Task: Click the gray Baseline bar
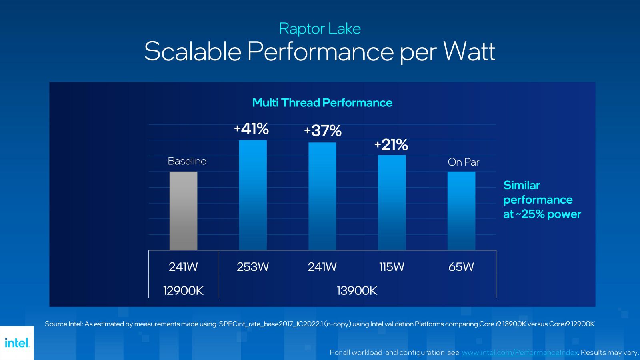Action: (x=183, y=211)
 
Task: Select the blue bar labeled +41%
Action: (x=253, y=195)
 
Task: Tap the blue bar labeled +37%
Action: (x=322, y=196)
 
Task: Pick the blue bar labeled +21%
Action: (x=392, y=203)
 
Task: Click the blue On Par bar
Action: (x=461, y=211)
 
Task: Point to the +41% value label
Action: (x=252, y=129)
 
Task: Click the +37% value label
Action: (x=323, y=131)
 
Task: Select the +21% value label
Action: (x=391, y=144)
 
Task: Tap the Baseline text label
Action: (x=187, y=161)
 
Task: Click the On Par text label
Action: (x=463, y=162)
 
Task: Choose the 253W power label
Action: (x=252, y=267)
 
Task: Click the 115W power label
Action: (x=392, y=267)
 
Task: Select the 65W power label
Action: (x=461, y=267)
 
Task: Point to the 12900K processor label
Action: (x=183, y=291)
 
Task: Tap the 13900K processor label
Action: (x=357, y=291)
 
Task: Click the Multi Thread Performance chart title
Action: (x=322, y=103)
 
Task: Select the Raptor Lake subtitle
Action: (x=320, y=29)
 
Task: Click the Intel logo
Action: (x=17, y=343)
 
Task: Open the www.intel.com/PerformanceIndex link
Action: (x=520, y=352)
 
